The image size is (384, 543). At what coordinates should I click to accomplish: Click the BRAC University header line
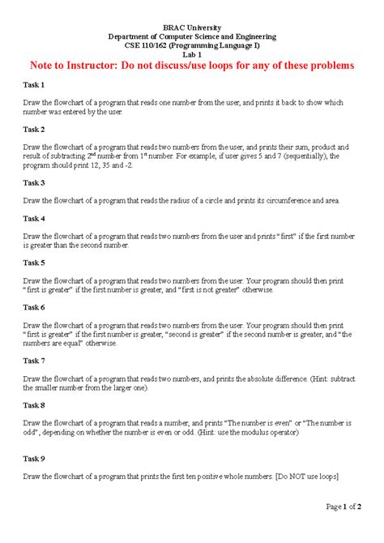(x=192, y=28)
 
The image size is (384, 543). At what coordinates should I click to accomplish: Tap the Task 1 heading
(x=33, y=84)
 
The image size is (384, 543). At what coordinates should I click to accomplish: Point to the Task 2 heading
(x=33, y=129)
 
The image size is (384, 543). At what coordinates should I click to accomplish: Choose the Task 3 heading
(x=33, y=183)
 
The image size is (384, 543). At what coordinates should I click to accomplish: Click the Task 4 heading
(x=33, y=219)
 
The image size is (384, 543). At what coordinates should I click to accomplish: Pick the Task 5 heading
(x=33, y=263)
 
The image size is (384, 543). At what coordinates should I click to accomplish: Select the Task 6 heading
(x=33, y=308)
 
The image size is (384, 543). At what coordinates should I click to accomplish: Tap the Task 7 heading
(x=33, y=361)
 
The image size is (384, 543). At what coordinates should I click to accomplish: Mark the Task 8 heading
(x=33, y=405)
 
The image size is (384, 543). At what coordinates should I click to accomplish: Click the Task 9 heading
(x=33, y=459)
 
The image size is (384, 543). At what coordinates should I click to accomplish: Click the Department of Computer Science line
(x=192, y=36)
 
